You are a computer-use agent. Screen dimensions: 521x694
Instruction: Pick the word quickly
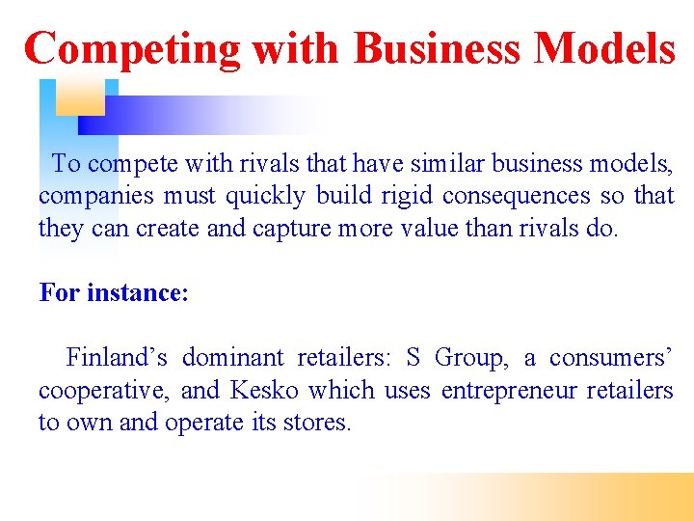tap(264, 196)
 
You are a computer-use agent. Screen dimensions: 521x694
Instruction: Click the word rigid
tap(407, 196)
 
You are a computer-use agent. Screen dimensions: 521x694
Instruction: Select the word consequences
tap(516, 196)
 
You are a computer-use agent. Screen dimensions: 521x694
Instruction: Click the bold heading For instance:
tap(114, 292)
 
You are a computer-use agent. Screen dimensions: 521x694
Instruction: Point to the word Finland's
tap(117, 358)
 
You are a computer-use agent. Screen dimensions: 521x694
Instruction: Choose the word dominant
tap(233, 358)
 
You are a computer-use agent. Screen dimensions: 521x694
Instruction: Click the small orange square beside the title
tap(80, 96)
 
